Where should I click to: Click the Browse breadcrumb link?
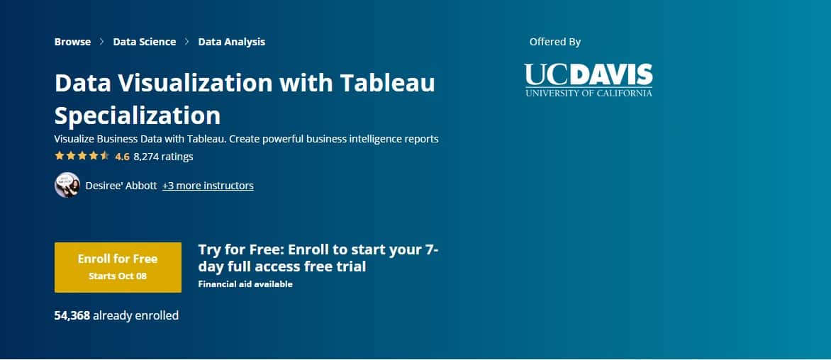point(72,42)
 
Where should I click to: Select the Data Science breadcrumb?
point(144,42)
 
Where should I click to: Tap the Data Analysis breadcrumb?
point(231,42)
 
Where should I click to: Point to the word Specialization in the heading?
point(138,115)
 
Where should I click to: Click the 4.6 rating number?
point(122,157)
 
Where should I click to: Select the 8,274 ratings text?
point(163,157)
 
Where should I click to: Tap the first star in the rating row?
point(60,156)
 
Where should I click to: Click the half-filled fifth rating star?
point(105,156)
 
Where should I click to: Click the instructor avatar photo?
point(67,186)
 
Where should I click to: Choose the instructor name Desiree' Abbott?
point(121,186)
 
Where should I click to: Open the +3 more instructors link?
point(208,186)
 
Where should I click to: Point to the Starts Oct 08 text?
point(118,276)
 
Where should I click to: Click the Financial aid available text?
point(245,284)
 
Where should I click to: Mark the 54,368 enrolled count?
point(72,315)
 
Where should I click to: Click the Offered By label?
point(555,42)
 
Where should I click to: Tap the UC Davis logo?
point(589,74)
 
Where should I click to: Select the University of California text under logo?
point(589,93)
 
